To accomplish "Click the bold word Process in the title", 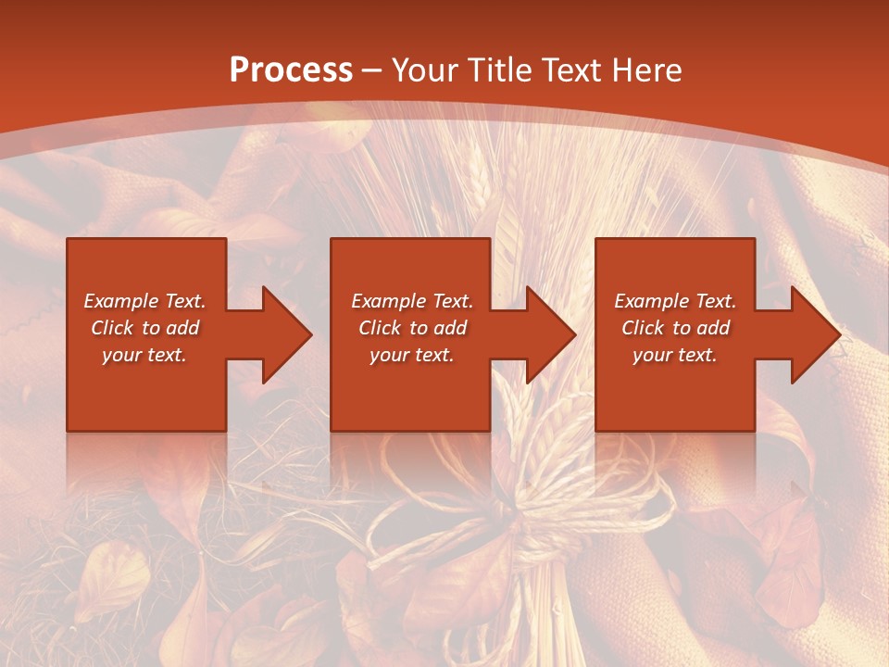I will click(291, 70).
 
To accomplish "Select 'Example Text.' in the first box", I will click(144, 301).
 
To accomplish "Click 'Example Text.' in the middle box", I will click(412, 301).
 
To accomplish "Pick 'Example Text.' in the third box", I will click(675, 301).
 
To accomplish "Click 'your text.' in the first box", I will click(144, 355).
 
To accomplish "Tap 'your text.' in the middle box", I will click(412, 355).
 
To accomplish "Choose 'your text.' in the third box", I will click(675, 355).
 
